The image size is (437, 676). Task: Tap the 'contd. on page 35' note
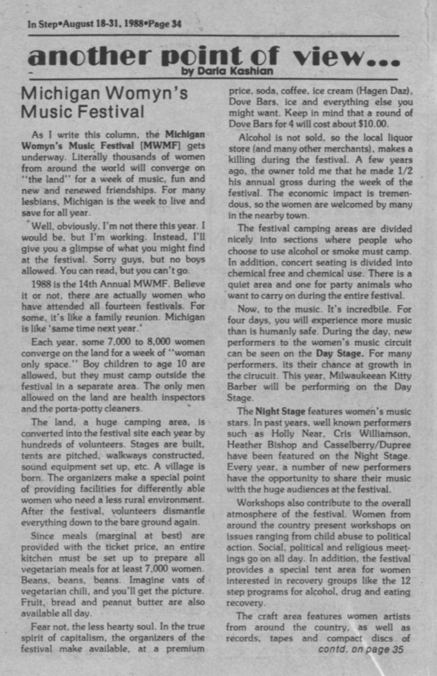pyautogui.click(x=361, y=649)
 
